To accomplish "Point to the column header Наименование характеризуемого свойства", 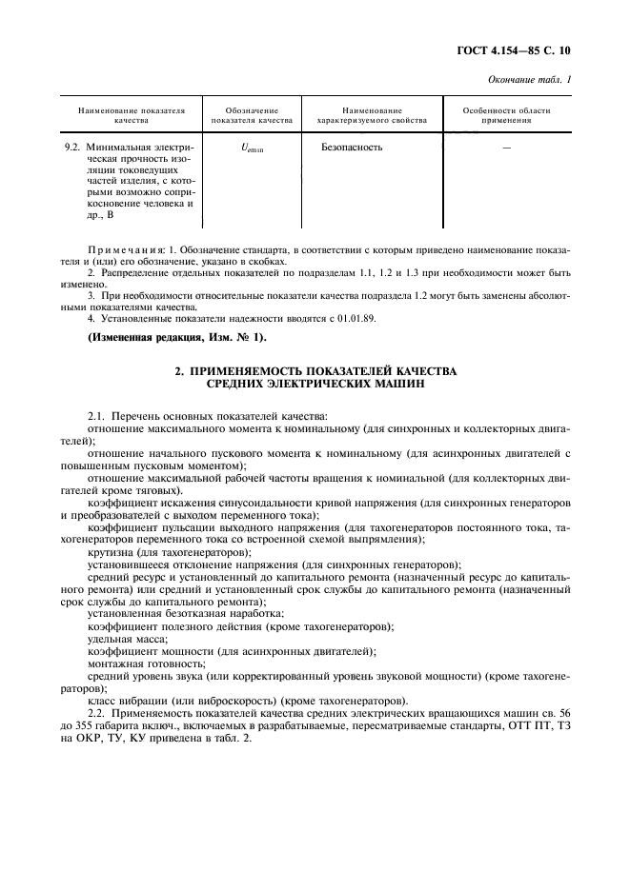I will point(371,116).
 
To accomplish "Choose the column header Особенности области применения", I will point(506,116).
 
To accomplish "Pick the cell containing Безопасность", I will point(352,148).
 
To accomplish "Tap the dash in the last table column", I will point(505,148).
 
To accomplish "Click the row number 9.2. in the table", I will point(71,148).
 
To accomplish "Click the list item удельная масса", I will point(121,639).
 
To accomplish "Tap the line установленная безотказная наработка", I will point(171,615).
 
